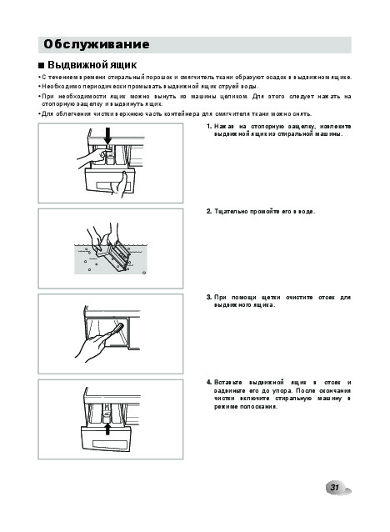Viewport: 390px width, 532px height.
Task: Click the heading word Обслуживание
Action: (x=97, y=44)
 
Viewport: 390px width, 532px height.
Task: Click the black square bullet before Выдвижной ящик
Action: (x=42, y=65)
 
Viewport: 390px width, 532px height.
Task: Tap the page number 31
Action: (x=334, y=488)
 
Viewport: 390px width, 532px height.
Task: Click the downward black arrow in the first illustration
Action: (x=107, y=136)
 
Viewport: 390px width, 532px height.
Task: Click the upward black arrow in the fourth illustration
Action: (x=107, y=428)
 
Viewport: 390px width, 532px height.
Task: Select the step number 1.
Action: (x=209, y=127)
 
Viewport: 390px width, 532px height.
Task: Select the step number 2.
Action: (x=209, y=211)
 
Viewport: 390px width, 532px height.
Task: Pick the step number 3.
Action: (x=209, y=298)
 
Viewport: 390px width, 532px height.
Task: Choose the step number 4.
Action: (x=209, y=383)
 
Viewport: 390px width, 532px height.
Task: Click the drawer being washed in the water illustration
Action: (x=113, y=255)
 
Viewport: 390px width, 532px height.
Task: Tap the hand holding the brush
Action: (x=91, y=346)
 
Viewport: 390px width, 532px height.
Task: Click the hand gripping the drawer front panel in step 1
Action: (x=121, y=184)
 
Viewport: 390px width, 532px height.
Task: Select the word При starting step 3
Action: (x=220, y=298)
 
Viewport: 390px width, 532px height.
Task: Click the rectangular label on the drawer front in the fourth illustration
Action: (x=110, y=444)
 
